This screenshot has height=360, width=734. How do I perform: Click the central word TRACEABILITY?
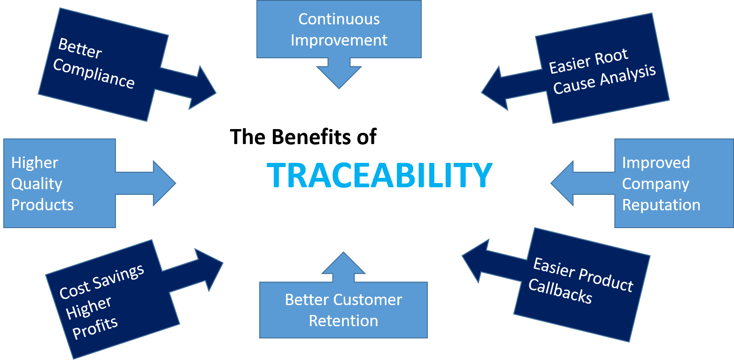pos(379,175)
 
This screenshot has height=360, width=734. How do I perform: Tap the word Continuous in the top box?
pos(339,19)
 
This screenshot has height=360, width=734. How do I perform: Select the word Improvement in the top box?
pos(339,40)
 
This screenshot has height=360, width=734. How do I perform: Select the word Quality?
pos(37,184)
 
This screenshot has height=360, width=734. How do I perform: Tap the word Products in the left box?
pos(42,205)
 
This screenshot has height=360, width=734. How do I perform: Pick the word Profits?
pos(95,324)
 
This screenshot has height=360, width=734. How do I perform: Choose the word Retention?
pos(343,321)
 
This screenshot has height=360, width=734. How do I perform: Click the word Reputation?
pos(661,205)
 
